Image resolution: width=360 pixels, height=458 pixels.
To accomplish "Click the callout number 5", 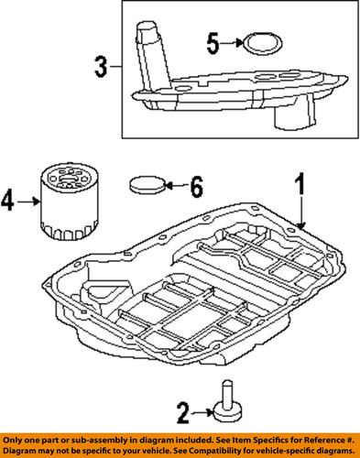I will click(x=213, y=42).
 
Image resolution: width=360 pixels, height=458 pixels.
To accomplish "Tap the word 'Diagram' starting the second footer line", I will click(x=22, y=451).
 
